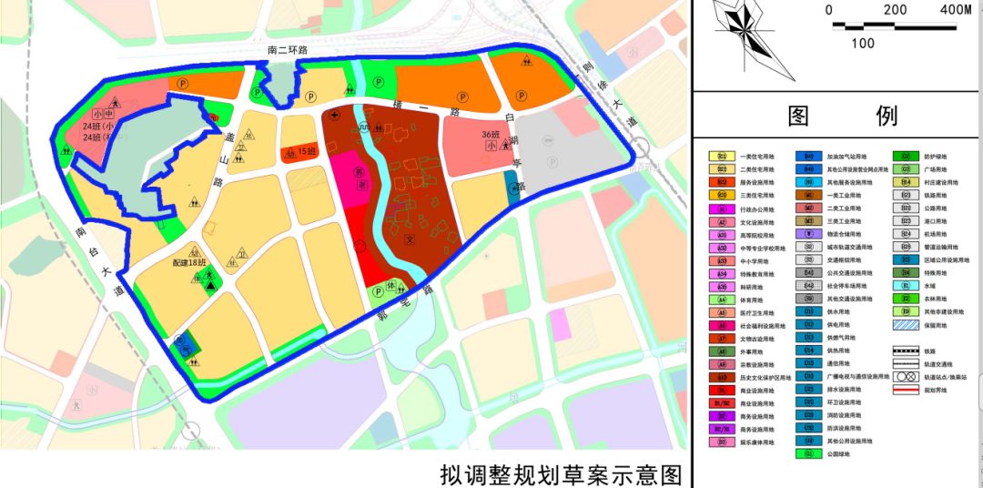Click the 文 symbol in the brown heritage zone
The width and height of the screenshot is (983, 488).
410,241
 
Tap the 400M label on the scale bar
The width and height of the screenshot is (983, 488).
954,10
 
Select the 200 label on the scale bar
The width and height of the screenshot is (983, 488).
895,10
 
